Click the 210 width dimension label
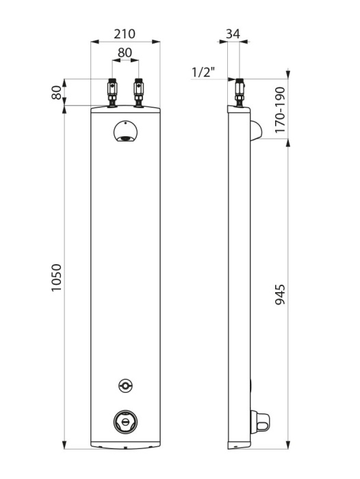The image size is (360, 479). (125, 34)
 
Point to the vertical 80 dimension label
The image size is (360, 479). (57, 92)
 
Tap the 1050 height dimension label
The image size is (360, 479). (56, 278)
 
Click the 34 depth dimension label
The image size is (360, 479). (233, 34)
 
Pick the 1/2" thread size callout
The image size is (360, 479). (203, 73)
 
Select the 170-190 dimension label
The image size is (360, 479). (280, 110)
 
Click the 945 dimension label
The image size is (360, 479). (280, 294)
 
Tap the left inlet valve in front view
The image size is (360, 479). (112, 93)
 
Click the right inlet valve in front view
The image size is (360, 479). (139, 93)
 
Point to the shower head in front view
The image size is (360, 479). (125, 131)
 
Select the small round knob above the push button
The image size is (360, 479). (125, 385)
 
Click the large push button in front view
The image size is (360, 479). (125, 422)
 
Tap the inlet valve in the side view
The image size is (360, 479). (240, 93)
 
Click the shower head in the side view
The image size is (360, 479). (256, 130)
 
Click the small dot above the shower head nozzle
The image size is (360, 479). (126, 123)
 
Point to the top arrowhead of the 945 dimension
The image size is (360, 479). (288, 142)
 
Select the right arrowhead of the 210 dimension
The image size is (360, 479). (156, 42)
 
